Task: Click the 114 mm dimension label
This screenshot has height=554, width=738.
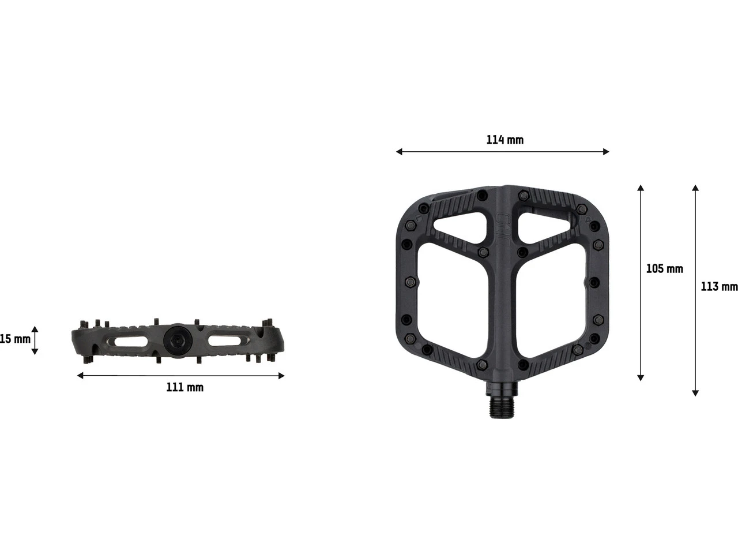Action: (505, 140)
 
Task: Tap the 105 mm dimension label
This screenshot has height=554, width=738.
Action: (664, 269)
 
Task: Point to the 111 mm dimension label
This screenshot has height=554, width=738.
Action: (184, 387)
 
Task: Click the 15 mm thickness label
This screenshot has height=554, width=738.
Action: (15, 339)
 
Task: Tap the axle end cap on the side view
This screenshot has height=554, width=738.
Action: (176, 339)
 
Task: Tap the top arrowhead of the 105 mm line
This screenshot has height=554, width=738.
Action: (640, 188)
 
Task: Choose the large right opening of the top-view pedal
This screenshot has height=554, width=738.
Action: (555, 303)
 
